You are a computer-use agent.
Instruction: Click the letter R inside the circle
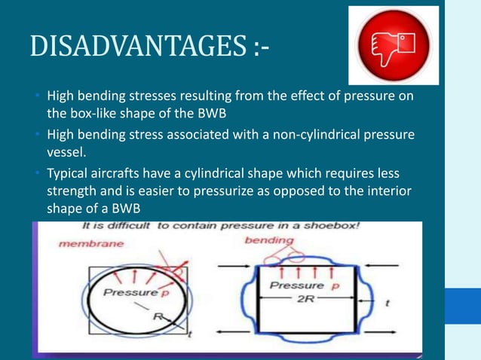[159, 316]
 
